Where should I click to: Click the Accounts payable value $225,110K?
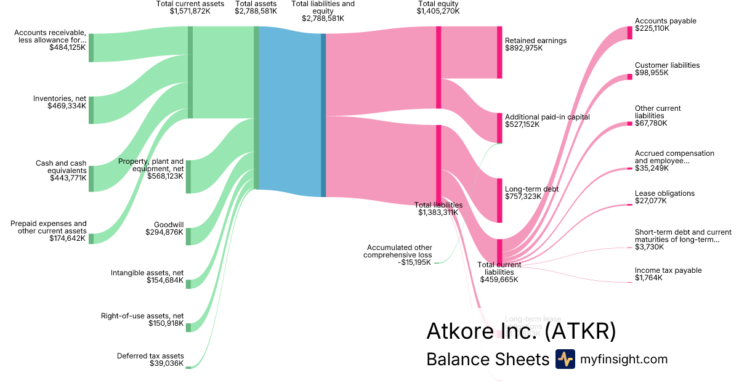pyautogui.click(x=652, y=28)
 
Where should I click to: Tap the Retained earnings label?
pyautogui.click(x=535, y=41)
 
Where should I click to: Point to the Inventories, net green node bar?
pyautogui.click(x=91, y=110)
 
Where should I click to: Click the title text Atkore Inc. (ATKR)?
pyautogui.click(x=521, y=331)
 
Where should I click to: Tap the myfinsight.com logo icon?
pyautogui.click(x=565, y=359)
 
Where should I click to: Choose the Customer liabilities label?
pyautogui.click(x=667, y=65)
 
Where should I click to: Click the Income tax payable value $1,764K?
pyautogui.click(x=648, y=278)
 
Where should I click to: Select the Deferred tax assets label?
pyautogui.click(x=150, y=356)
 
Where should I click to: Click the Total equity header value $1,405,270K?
pyautogui.click(x=437, y=11)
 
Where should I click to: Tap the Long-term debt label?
pyautogui.click(x=531, y=189)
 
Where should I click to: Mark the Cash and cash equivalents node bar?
pyautogui.click(x=91, y=178)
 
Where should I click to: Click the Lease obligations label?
pyautogui.click(x=664, y=193)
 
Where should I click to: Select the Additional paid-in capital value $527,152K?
pyautogui.click(x=522, y=124)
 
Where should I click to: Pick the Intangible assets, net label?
pyautogui.click(x=147, y=273)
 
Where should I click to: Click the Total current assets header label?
pyautogui.click(x=190, y=4)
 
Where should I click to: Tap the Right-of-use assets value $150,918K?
pyautogui.click(x=166, y=323)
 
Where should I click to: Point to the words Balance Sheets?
pyautogui.click(x=487, y=360)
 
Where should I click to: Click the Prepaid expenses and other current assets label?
pyautogui.click(x=49, y=227)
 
